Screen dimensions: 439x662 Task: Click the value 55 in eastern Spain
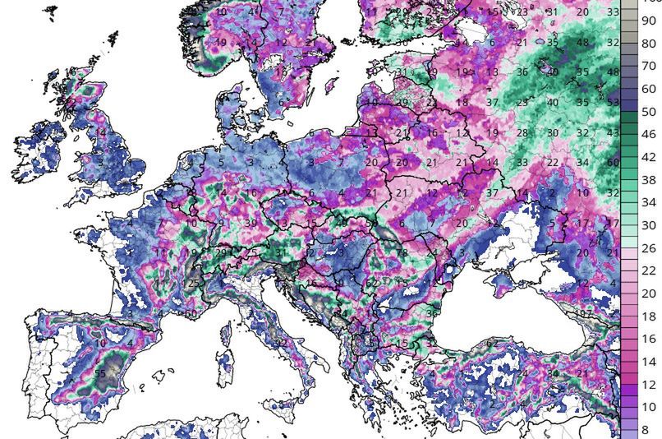coord(100,373)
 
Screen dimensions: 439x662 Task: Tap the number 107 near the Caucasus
coord(583,314)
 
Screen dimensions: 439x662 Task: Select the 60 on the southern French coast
coord(191,313)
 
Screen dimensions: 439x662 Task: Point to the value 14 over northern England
coord(101,132)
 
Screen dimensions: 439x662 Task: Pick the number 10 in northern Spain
coord(100,343)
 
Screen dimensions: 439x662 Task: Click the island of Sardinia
coord(224,362)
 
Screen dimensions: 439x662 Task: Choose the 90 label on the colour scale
coord(648,21)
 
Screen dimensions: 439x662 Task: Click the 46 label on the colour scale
coord(648,133)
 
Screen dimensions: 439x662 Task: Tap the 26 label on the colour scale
coord(648,248)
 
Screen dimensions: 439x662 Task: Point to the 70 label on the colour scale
coord(648,66)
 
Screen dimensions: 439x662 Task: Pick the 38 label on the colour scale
coord(648,179)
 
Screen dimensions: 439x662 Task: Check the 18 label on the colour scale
coord(648,317)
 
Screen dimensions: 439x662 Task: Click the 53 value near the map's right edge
coord(613,103)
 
